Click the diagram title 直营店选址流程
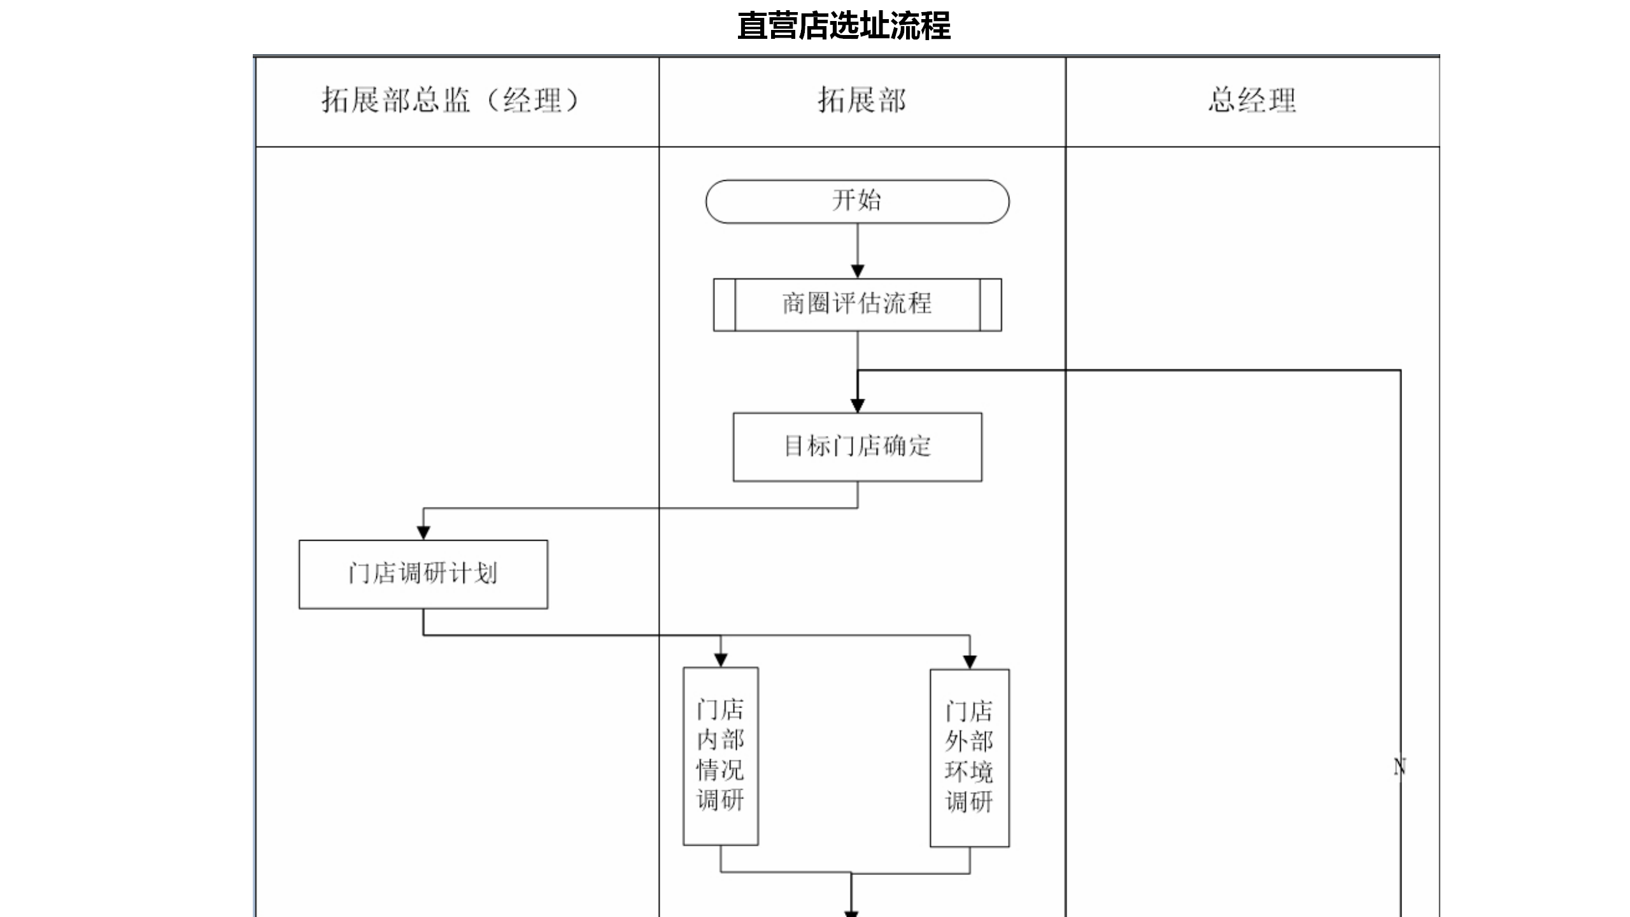point(844,26)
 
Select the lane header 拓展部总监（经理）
point(450,100)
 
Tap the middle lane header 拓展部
point(862,100)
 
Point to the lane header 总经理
point(1252,100)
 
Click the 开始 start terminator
point(857,201)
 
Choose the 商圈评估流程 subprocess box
point(857,304)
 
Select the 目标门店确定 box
point(857,447)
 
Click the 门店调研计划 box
point(423,574)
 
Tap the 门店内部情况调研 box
point(721,756)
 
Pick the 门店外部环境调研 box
point(970,758)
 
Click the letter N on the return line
point(1400,767)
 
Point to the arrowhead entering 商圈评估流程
point(858,272)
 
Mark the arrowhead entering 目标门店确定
point(858,406)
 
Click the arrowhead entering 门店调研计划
point(423,533)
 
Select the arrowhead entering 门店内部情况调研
point(721,660)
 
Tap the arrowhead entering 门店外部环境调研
point(970,662)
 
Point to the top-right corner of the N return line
point(1400,370)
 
